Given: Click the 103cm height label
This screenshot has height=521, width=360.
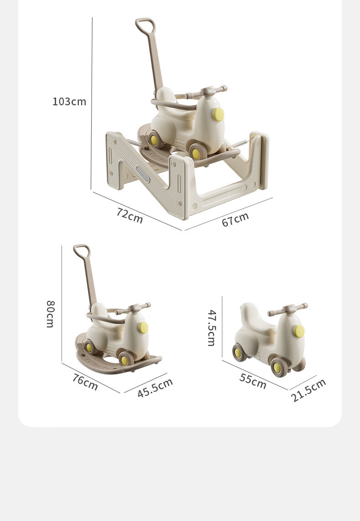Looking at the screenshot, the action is coord(69,101).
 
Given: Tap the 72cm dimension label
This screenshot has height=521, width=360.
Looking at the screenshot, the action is coord(130,215).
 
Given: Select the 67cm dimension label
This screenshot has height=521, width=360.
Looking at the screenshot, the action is coord(235,219).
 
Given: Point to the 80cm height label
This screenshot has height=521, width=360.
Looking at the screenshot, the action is coord(50,314).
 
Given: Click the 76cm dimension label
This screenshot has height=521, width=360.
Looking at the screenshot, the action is coord(85,382).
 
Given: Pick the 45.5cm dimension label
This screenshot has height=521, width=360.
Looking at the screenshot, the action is coord(155,387).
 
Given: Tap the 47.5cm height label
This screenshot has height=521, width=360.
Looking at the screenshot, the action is coord(212,328).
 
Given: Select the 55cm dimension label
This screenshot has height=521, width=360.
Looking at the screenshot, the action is coord(253,381).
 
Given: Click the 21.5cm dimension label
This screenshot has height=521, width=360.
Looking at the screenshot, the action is coord(308,390).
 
